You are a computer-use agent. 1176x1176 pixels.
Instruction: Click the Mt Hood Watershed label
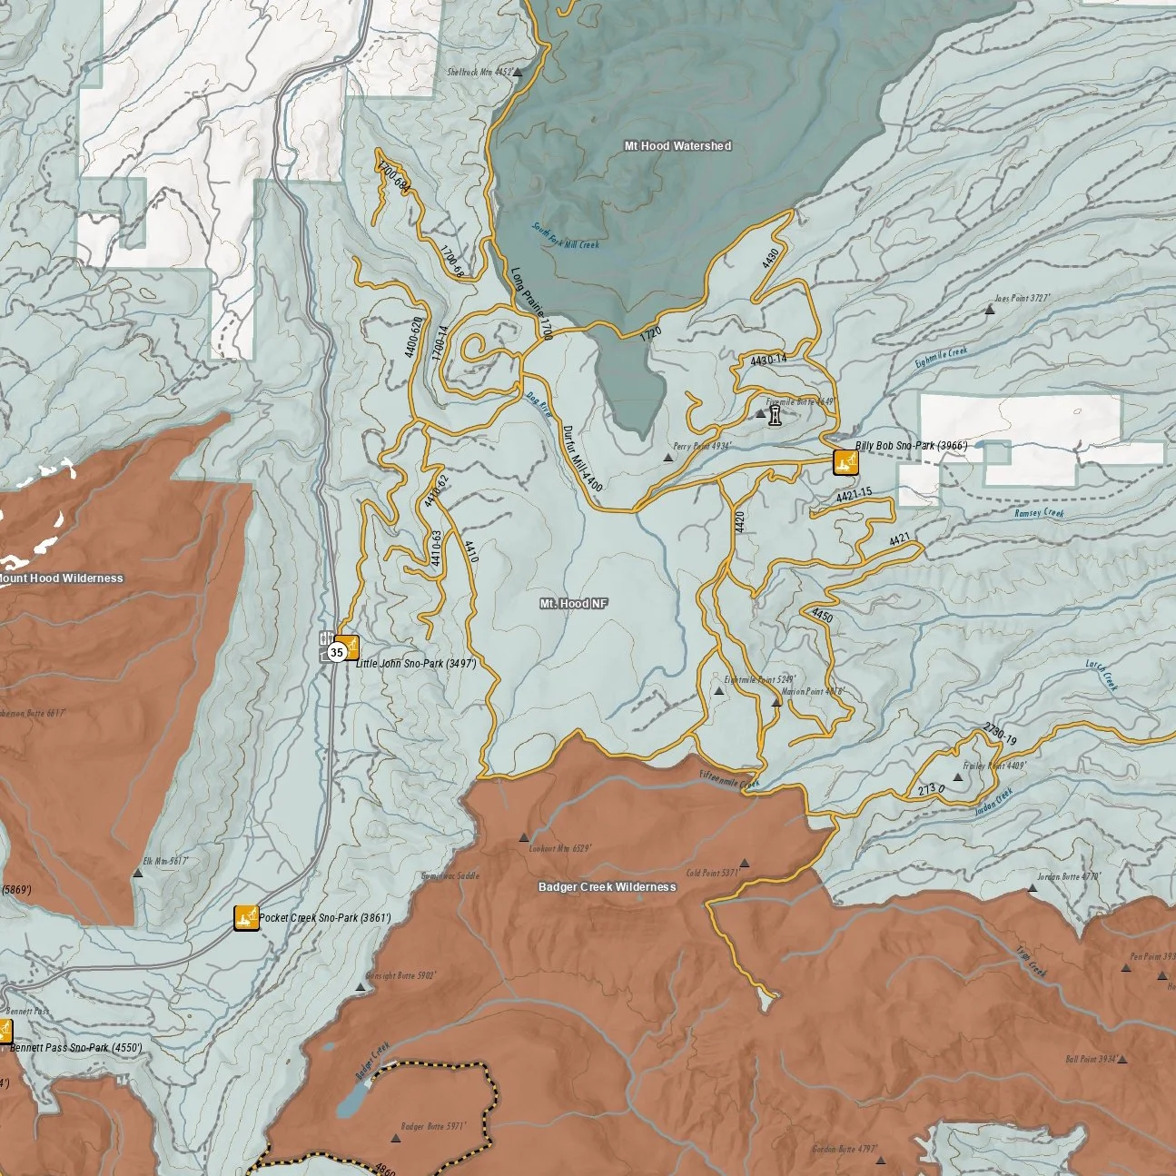pyautogui.click(x=677, y=145)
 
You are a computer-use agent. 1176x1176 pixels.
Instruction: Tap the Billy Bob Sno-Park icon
pyautogui.click(x=845, y=462)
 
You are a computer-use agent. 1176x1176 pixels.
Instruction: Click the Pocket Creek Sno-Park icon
pyautogui.click(x=246, y=918)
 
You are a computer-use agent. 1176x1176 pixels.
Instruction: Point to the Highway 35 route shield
pyautogui.click(x=337, y=652)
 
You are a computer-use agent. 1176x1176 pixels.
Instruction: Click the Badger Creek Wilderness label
pyautogui.click(x=607, y=886)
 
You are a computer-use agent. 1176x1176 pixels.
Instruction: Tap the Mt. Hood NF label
pyautogui.click(x=574, y=603)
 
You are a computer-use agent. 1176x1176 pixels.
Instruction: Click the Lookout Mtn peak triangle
pyautogui.click(x=523, y=838)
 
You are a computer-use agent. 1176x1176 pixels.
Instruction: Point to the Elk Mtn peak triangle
pyautogui.click(x=137, y=874)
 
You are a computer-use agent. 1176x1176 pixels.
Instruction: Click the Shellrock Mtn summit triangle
pyautogui.click(x=518, y=74)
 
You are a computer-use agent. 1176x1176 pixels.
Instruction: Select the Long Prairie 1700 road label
pyautogui.click(x=532, y=303)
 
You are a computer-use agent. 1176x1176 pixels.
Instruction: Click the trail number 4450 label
pyautogui.click(x=822, y=616)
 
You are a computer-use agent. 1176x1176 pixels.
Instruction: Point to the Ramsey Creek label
pyautogui.click(x=1040, y=513)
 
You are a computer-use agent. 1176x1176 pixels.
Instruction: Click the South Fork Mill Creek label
pyautogui.click(x=566, y=238)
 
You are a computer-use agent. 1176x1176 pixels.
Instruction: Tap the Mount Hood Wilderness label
pyautogui.click(x=62, y=578)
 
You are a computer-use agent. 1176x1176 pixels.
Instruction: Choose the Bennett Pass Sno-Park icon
pyautogui.click(x=4, y=1030)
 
